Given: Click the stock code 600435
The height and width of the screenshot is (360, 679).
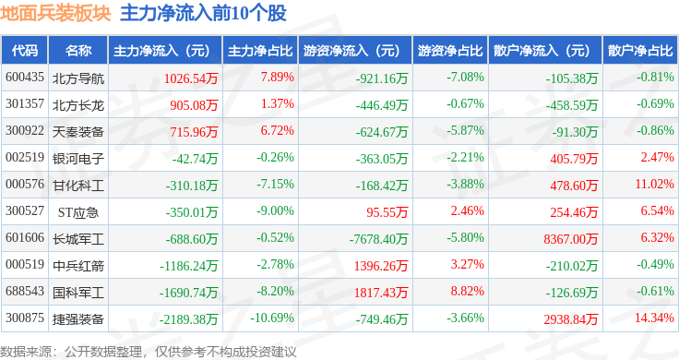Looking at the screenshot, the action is pyautogui.click(x=25, y=78).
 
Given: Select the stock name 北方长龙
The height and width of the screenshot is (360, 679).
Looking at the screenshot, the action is pyautogui.click(x=78, y=105).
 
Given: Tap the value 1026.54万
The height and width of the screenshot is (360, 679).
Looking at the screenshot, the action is pyautogui.click(x=191, y=78).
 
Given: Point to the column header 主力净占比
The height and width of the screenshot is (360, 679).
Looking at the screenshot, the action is pyautogui.click(x=260, y=51).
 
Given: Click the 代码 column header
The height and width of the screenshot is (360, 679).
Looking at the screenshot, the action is pyautogui.click(x=25, y=51).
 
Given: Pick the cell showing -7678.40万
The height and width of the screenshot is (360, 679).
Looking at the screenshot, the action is pyautogui.click(x=378, y=239).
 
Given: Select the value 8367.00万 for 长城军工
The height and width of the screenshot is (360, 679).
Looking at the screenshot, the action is pyautogui.click(x=571, y=239).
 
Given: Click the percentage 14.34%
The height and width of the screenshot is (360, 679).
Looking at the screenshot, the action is pyautogui.click(x=654, y=318).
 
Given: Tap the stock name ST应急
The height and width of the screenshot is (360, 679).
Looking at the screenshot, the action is pyautogui.click(x=78, y=212).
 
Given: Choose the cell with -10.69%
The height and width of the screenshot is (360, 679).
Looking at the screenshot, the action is pyautogui.click(x=272, y=318).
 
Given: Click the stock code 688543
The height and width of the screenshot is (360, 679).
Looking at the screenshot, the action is pyautogui.click(x=25, y=291).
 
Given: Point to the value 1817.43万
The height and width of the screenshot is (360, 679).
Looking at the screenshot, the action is pyautogui.click(x=381, y=293).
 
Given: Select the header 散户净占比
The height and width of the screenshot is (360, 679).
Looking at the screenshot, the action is pyautogui.click(x=640, y=51).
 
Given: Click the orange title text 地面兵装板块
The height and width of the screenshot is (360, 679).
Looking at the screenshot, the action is pyautogui.click(x=56, y=14).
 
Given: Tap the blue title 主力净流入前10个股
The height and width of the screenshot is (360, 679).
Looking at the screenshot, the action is pyautogui.click(x=204, y=14).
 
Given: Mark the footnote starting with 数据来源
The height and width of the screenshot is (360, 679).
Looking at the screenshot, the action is pyautogui.click(x=149, y=352).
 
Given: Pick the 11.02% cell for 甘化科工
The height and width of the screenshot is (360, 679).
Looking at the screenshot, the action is pyautogui.click(x=654, y=184).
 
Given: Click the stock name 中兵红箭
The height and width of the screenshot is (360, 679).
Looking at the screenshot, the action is pyautogui.click(x=78, y=266).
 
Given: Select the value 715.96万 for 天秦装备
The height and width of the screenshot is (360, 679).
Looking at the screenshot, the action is pyautogui.click(x=194, y=132).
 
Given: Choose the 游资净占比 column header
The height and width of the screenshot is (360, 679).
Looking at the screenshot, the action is pyautogui.click(x=450, y=51).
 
